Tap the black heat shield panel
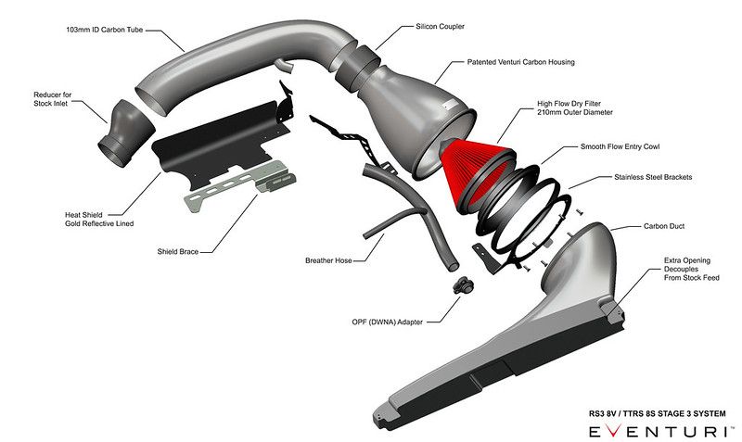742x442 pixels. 213,144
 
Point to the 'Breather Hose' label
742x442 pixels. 330,260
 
